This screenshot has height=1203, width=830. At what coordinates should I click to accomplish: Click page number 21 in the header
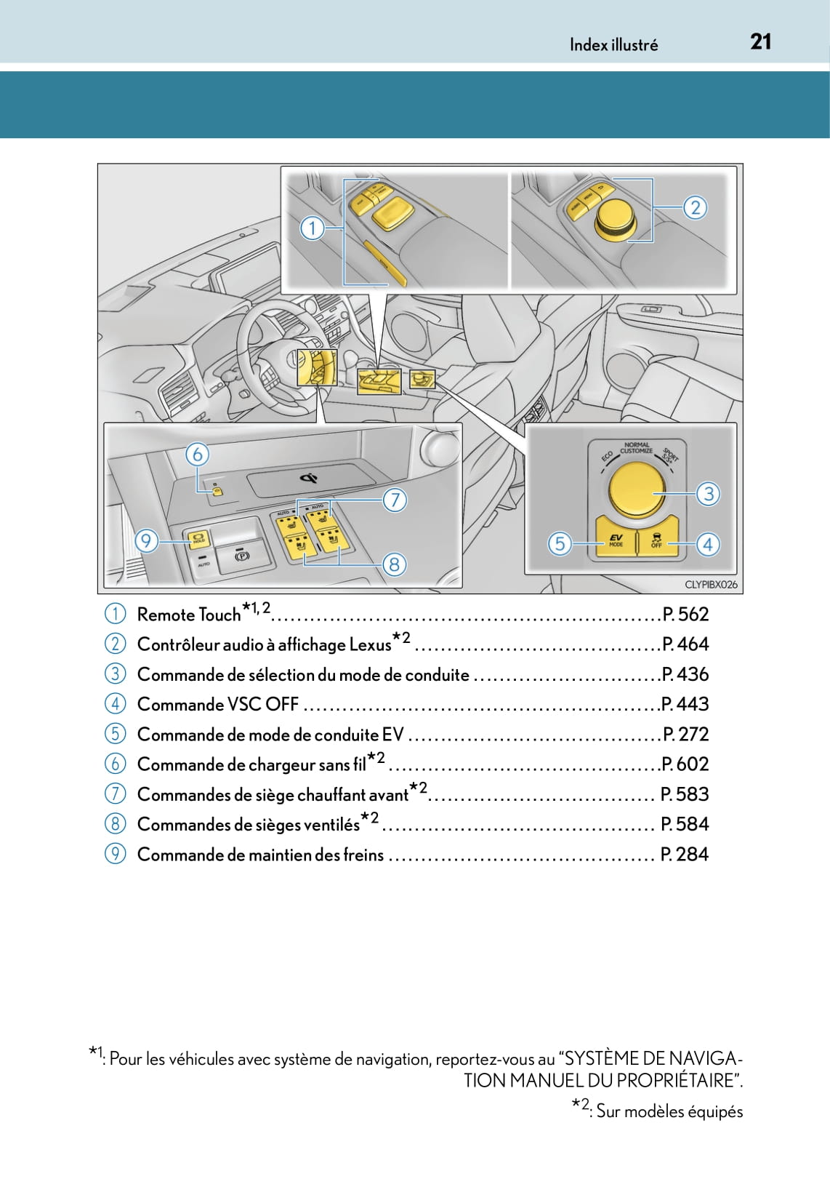[x=760, y=42]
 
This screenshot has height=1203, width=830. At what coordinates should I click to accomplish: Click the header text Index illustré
[x=613, y=45]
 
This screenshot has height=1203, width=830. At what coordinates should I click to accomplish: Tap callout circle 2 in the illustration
[x=695, y=208]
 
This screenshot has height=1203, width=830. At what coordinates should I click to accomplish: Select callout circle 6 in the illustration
[x=197, y=455]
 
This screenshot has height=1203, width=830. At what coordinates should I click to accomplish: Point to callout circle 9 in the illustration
[x=146, y=541]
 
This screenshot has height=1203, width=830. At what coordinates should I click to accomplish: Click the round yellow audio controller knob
[x=616, y=217]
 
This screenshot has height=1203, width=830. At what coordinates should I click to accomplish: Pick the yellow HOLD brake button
[x=198, y=540]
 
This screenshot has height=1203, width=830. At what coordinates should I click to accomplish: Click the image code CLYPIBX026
[x=710, y=584]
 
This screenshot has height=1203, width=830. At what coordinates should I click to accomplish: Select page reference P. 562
[x=685, y=615]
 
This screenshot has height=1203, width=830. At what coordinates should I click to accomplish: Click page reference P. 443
[x=685, y=704]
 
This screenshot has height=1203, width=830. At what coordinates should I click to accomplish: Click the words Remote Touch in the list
[x=188, y=615]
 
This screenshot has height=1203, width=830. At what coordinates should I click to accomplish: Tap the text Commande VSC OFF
[x=217, y=705]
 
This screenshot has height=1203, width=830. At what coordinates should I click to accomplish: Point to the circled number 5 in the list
[x=115, y=734]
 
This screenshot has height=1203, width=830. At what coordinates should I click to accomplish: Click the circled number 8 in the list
[x=115, y=823]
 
